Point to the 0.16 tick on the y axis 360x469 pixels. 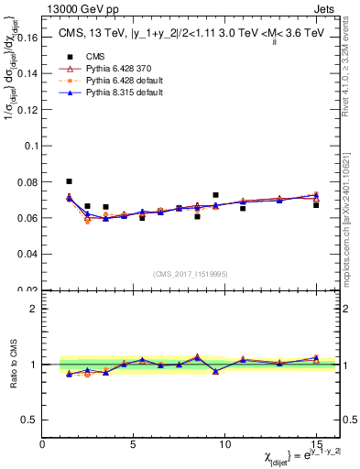[27, 39]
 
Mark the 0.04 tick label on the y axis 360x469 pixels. [27, 254]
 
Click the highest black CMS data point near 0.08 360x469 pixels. [69, 181]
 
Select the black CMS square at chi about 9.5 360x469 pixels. [215, 195]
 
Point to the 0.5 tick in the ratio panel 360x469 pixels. [29, 420]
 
